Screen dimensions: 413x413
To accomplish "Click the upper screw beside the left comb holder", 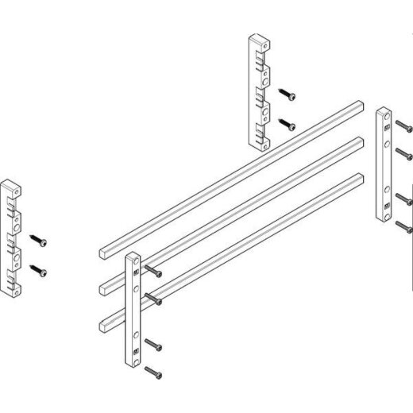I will click(40, 238).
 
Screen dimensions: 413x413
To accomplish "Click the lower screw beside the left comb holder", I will click(40, 270).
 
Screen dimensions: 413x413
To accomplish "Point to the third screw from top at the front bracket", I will click(156, 348).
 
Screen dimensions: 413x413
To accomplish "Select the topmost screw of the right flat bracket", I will click(403, 125).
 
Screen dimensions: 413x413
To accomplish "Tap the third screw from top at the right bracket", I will click(403, 198).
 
